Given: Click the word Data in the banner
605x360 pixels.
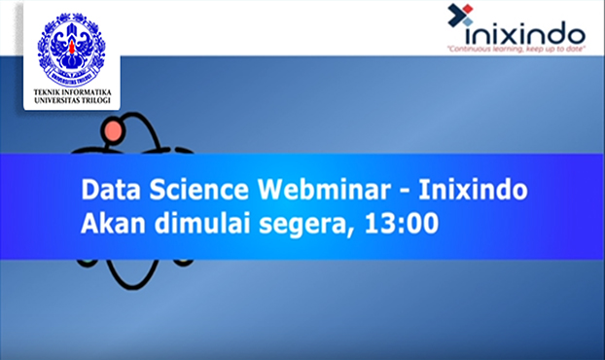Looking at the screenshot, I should [110, 189].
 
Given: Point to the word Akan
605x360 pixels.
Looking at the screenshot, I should [110, 223].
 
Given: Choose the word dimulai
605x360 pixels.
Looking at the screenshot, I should [195, 223].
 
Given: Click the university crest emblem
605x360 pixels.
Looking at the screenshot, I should [71, 47].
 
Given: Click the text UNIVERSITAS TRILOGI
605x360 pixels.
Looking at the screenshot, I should [71, 101].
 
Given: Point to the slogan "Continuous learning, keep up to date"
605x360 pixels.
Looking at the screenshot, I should [516, 48].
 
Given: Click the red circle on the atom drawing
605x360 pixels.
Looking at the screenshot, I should [113, 129].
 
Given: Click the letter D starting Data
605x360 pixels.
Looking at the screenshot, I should [89, 189].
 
